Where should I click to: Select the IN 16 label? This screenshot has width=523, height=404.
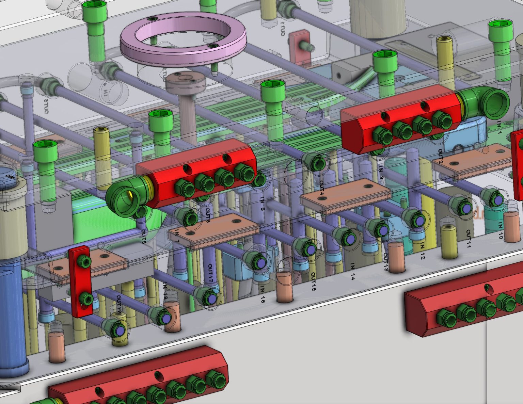[x=263, y=294]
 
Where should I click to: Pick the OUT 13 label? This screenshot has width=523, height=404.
[x=386, y=261]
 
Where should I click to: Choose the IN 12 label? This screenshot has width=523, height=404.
[x=422, y=251]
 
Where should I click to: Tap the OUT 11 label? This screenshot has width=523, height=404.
[x=469, y=239]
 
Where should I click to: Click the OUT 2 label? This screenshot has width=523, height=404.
[x=440, y=156]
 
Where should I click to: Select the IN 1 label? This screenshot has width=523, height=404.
[x=499, y=127]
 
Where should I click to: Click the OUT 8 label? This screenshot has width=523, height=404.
[x=143, y=236]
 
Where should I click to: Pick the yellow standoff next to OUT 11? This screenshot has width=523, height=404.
[x=449, y=242]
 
